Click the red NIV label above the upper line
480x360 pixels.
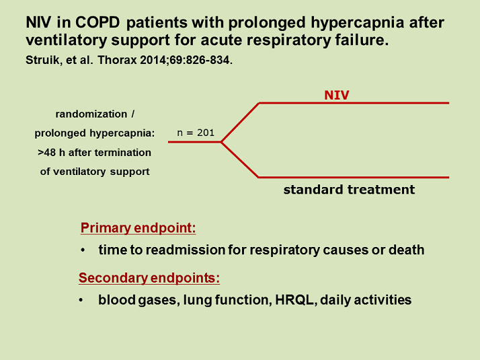tap(337, 96)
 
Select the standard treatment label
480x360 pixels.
tap(349, 190)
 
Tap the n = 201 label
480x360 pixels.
tap(196, 133)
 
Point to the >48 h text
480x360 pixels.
tap(54, 152)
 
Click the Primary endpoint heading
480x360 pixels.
tap(138, 228)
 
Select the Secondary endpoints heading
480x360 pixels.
tap(149, 278)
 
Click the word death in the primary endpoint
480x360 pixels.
tap(406, 250)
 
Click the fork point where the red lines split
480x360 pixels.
tap(222, 142)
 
